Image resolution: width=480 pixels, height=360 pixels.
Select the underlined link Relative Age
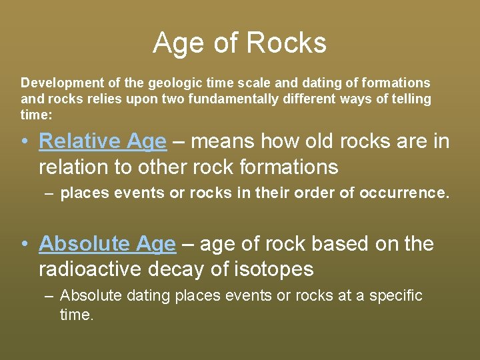(102, 141)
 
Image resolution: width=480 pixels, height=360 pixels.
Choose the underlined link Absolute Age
(107, 244)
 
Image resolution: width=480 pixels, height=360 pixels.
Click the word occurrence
(403, 194)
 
